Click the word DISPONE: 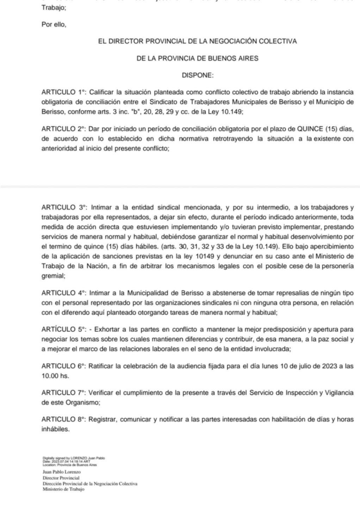197,75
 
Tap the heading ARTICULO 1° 64,93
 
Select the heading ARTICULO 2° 64,129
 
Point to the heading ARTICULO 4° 64,293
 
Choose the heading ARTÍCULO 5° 64,329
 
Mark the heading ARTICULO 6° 64,366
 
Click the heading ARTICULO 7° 64,392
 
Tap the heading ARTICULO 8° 64,419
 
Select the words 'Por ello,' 54,25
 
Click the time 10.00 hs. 55,376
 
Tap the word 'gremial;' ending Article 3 53,276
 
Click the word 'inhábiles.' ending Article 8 55,429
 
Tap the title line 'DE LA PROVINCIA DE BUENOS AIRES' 197,58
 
